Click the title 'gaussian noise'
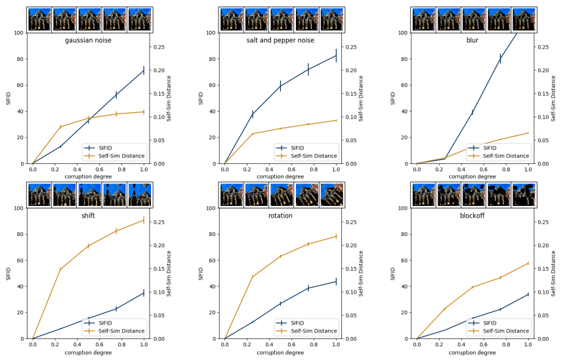pos(88,41)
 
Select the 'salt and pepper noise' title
pos(280,41)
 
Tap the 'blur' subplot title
pos(472,41)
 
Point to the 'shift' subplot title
pos(88,216)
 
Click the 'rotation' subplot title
pos(280,216)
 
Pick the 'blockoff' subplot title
pos(472,216)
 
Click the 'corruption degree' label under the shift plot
pos(88,353)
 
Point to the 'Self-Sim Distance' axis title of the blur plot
pos(553,98)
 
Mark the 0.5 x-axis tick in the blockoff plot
pos(472,345)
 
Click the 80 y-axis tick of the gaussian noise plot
pos(19,59)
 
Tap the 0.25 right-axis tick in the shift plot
pos(158,222)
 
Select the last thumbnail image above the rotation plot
pos(331,195)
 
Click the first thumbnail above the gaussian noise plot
pos(39,20)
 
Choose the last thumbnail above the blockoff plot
pos(523,195)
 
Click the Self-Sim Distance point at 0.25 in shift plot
pos(60,269)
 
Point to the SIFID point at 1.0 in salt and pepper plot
pos(336,55)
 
